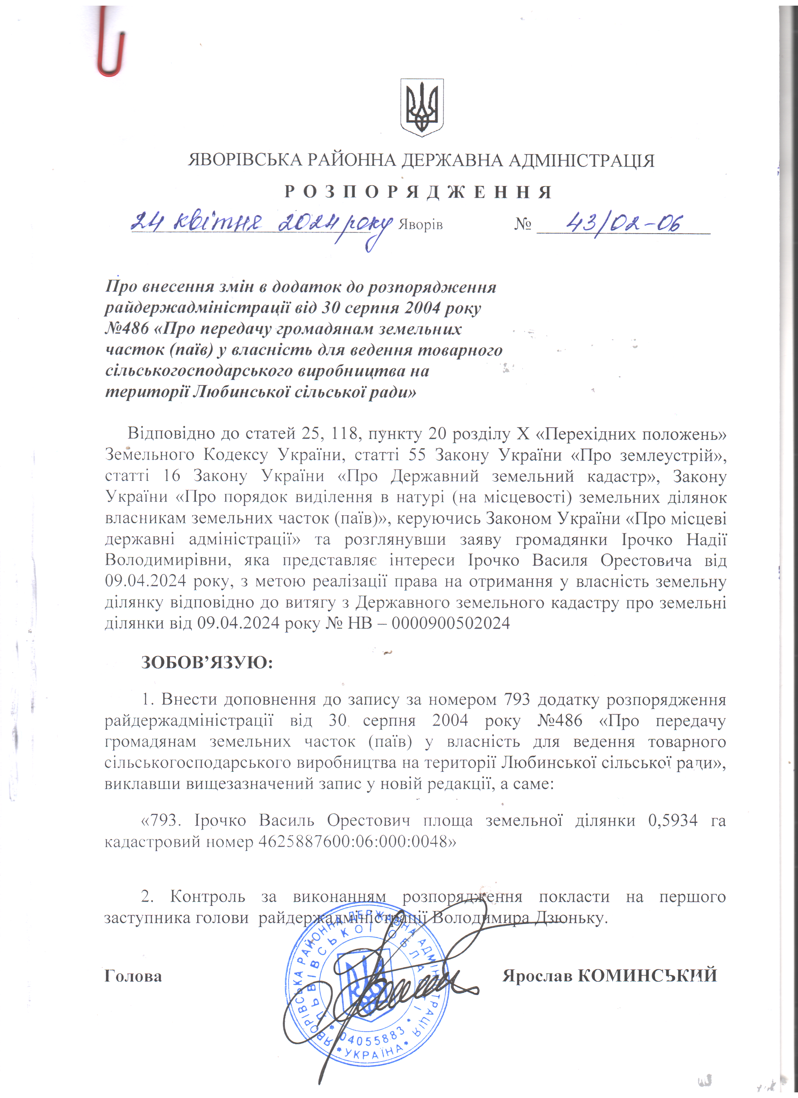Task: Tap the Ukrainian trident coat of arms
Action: tap(422, 107)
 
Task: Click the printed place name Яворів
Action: tap(420, 225)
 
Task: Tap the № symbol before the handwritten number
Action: tap(523, 224)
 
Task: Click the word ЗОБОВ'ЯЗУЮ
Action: tap(207, 662)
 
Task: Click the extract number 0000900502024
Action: tap(451, 623)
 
